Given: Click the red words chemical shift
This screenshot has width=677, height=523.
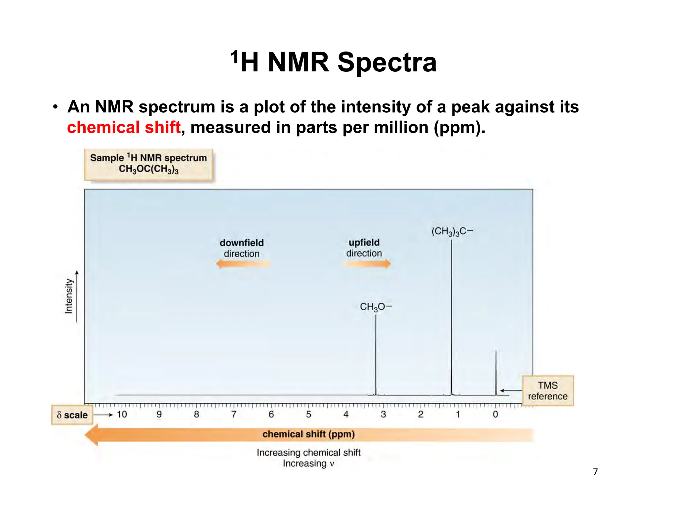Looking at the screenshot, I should click(124, 128).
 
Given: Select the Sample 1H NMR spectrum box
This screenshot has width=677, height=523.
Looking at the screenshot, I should click(148, 164).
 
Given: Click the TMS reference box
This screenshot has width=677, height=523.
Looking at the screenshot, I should click(548, 391).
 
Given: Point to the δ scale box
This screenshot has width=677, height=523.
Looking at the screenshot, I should click(72, 415).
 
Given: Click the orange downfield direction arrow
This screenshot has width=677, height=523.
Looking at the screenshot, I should click(243, 264).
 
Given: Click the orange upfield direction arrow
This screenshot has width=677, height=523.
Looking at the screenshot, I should click(366, 264).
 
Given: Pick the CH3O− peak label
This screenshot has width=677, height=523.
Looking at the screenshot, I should click(376, 307).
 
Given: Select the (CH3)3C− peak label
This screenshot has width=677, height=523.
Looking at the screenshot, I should click(452, 231).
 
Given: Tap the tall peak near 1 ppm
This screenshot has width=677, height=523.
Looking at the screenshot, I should click(451, 314).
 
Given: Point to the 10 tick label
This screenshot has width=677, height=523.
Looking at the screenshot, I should click(122, 415).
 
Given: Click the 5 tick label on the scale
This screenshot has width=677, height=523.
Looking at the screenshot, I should click(308, 415).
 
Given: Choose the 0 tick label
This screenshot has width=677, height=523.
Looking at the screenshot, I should click(495, 415).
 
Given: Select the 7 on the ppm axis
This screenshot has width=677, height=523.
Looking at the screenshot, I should click(234, 415).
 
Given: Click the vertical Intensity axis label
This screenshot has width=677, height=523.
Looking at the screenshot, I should click(68, 296).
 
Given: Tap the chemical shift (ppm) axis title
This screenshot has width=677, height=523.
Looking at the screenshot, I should click(308, 434).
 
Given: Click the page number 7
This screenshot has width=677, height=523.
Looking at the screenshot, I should click(595, 472).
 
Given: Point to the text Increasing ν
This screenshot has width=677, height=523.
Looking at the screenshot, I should click(308, 463).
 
